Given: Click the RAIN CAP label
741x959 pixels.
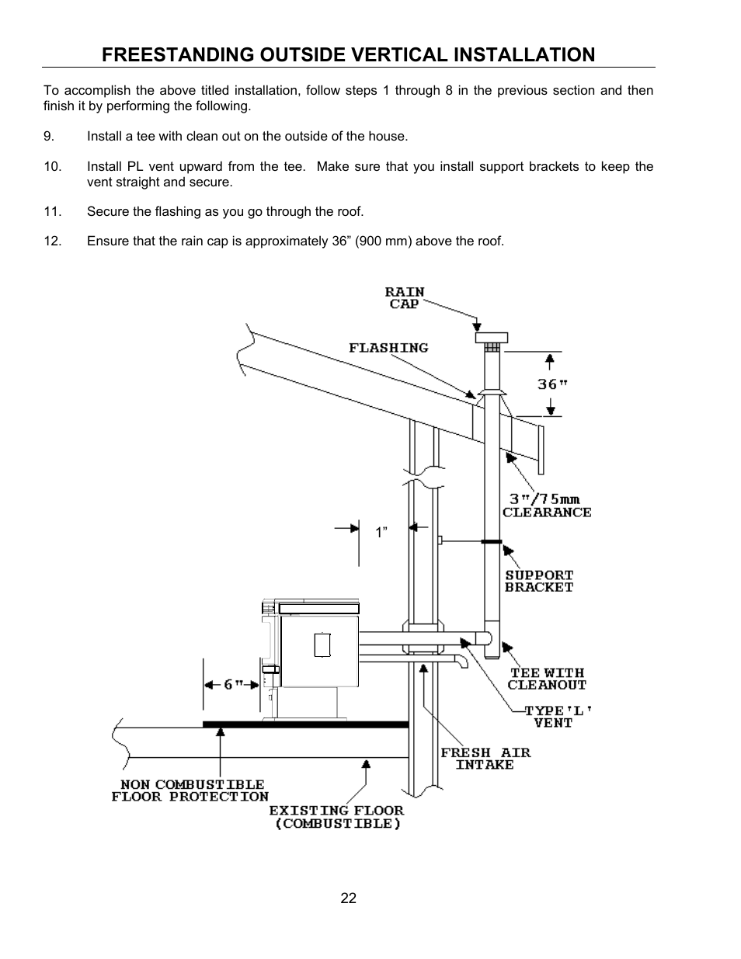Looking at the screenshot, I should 405,298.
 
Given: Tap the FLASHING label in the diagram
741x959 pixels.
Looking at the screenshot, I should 388,348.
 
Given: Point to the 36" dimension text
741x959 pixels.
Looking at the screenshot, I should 552,384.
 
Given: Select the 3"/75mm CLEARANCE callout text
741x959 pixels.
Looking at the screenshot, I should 546,506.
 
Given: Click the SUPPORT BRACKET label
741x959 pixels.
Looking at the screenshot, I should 539,581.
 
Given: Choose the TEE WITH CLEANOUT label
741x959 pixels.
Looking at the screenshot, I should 547,679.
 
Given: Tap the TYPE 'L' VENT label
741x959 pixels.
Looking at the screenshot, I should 553,716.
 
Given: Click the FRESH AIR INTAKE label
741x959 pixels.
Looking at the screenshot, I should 485,759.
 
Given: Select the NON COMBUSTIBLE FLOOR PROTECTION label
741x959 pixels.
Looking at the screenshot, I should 190,790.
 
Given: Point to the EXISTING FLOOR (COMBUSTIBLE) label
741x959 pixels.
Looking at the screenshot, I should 336,817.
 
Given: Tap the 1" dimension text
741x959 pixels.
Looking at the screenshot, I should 381,533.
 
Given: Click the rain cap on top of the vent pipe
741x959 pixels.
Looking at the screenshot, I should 491,339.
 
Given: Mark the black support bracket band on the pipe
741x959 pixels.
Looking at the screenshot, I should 492,541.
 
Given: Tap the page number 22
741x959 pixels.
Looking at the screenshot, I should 348,898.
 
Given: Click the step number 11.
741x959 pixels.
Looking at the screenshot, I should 52,211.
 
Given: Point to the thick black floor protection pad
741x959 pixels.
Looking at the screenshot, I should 305,724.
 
